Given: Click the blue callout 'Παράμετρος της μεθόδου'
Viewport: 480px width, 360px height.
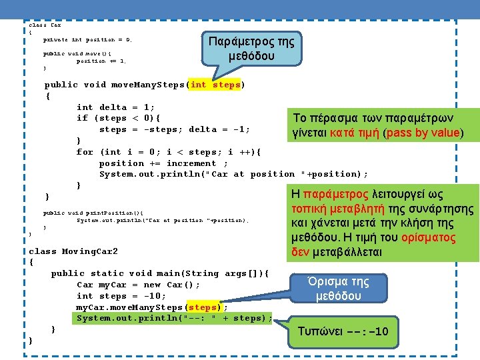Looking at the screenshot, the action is click(251, 49).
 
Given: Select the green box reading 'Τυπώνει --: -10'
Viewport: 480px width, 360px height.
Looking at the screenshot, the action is click(343, 331).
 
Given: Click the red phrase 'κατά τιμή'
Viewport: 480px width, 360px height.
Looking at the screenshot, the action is click(352, 133).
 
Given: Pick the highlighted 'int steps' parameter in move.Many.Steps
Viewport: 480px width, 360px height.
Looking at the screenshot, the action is click(215, 85).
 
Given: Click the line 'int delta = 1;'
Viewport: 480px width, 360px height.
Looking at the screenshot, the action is click(116, 107).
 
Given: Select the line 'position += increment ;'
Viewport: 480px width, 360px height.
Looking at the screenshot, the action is click(163, 163).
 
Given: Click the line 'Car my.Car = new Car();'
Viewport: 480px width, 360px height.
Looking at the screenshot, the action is click(139, 285).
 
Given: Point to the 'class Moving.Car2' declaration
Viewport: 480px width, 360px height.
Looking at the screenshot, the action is click(73, 251).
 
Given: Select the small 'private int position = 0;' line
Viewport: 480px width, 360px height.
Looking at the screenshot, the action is click(87, 40).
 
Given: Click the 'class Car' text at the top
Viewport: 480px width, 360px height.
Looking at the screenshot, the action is click(45, 25).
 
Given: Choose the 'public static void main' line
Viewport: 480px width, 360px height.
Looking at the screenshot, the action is click(160, 273).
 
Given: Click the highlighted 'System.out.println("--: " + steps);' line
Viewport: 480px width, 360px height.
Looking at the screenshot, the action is click(174, 318).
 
